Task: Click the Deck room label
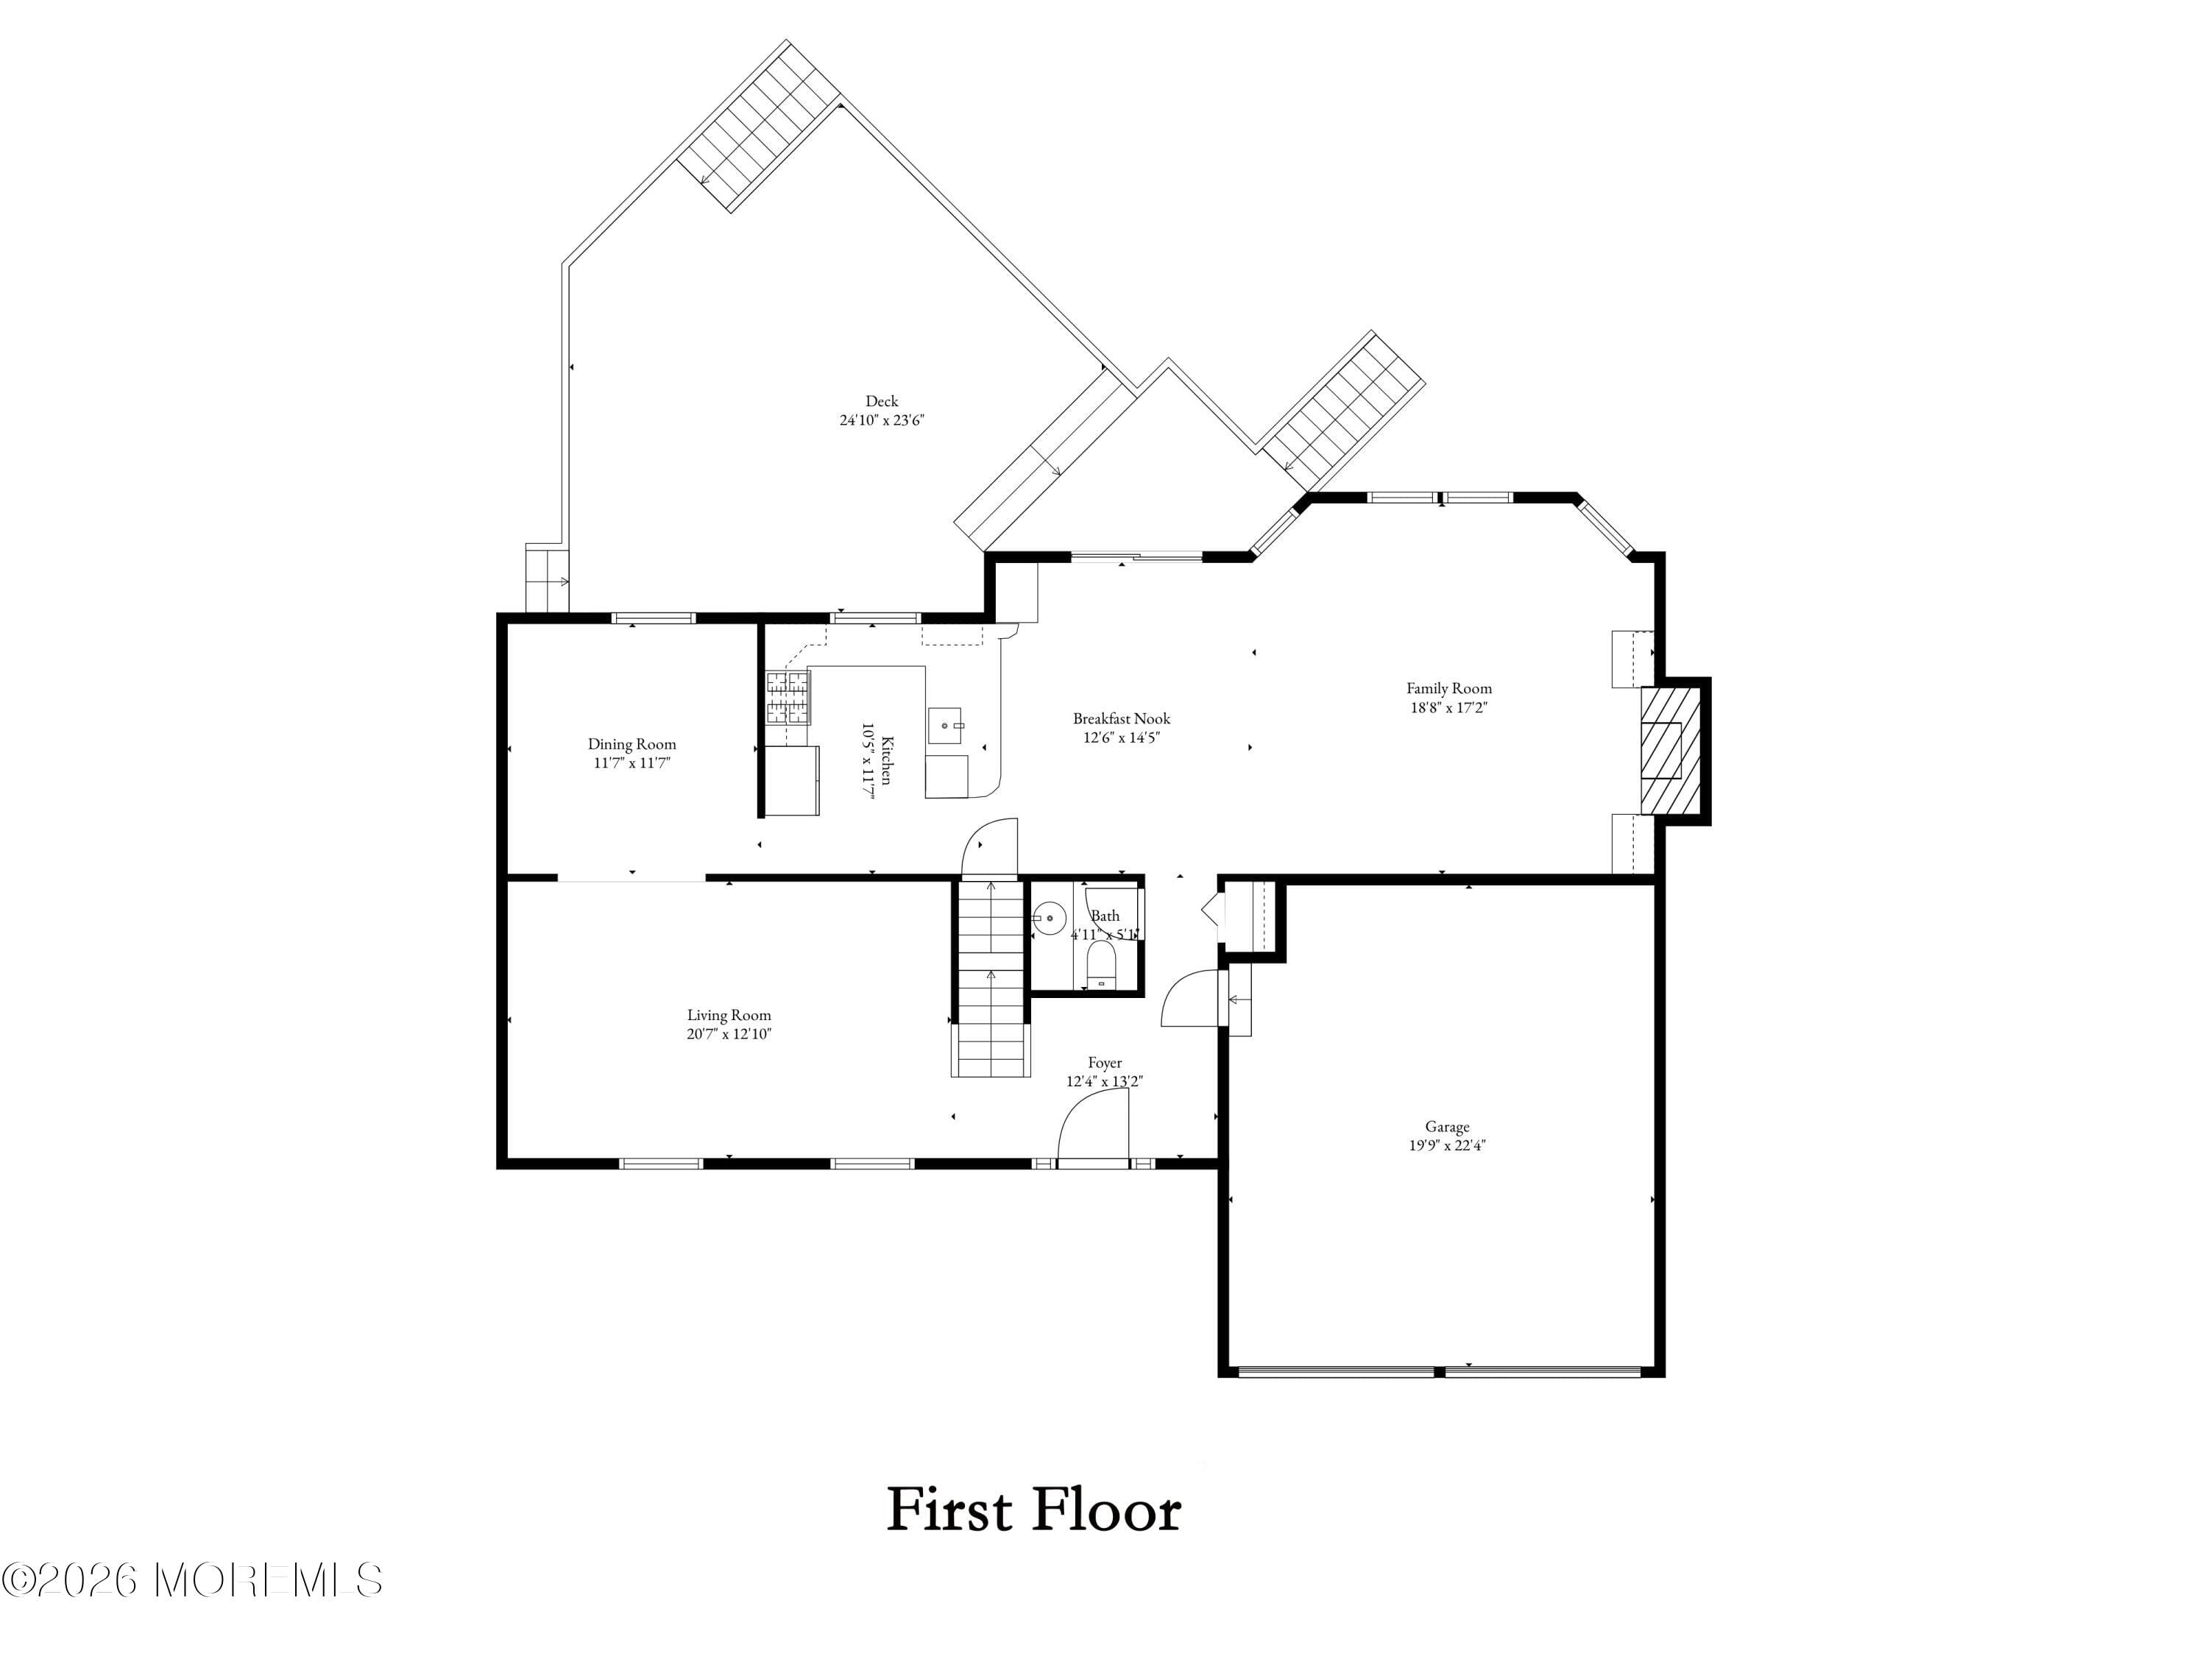click(882, 401)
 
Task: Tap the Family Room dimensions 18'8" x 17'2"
click(1448, 707)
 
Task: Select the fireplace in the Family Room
click(1670, 751)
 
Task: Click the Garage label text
click(1446, 1127)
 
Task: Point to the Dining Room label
click(631, 743)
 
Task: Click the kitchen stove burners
click(788, 697)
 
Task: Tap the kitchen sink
click(944, 726)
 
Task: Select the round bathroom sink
click(1048, 917)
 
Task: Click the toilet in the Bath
click(1101, 967)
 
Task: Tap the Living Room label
click(729, 1015)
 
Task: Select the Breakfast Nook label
click(1121, 718)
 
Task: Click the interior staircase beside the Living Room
click(990, 978)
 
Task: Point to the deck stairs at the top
click(759, 125)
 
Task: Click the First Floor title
click(1034, 1511)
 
